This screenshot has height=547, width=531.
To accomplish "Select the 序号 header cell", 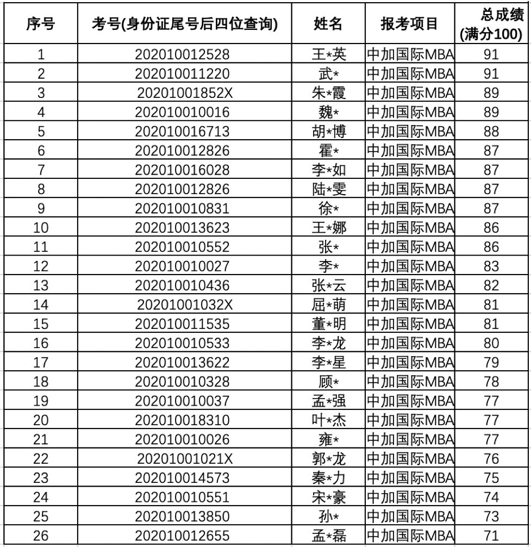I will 40,24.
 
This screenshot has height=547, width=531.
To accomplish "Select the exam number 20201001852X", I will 185,92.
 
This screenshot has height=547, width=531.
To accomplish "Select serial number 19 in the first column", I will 40,399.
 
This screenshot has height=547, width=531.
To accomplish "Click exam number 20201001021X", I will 185,456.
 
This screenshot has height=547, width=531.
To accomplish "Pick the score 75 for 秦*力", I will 491,475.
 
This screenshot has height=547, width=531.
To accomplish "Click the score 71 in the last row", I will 491,533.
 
